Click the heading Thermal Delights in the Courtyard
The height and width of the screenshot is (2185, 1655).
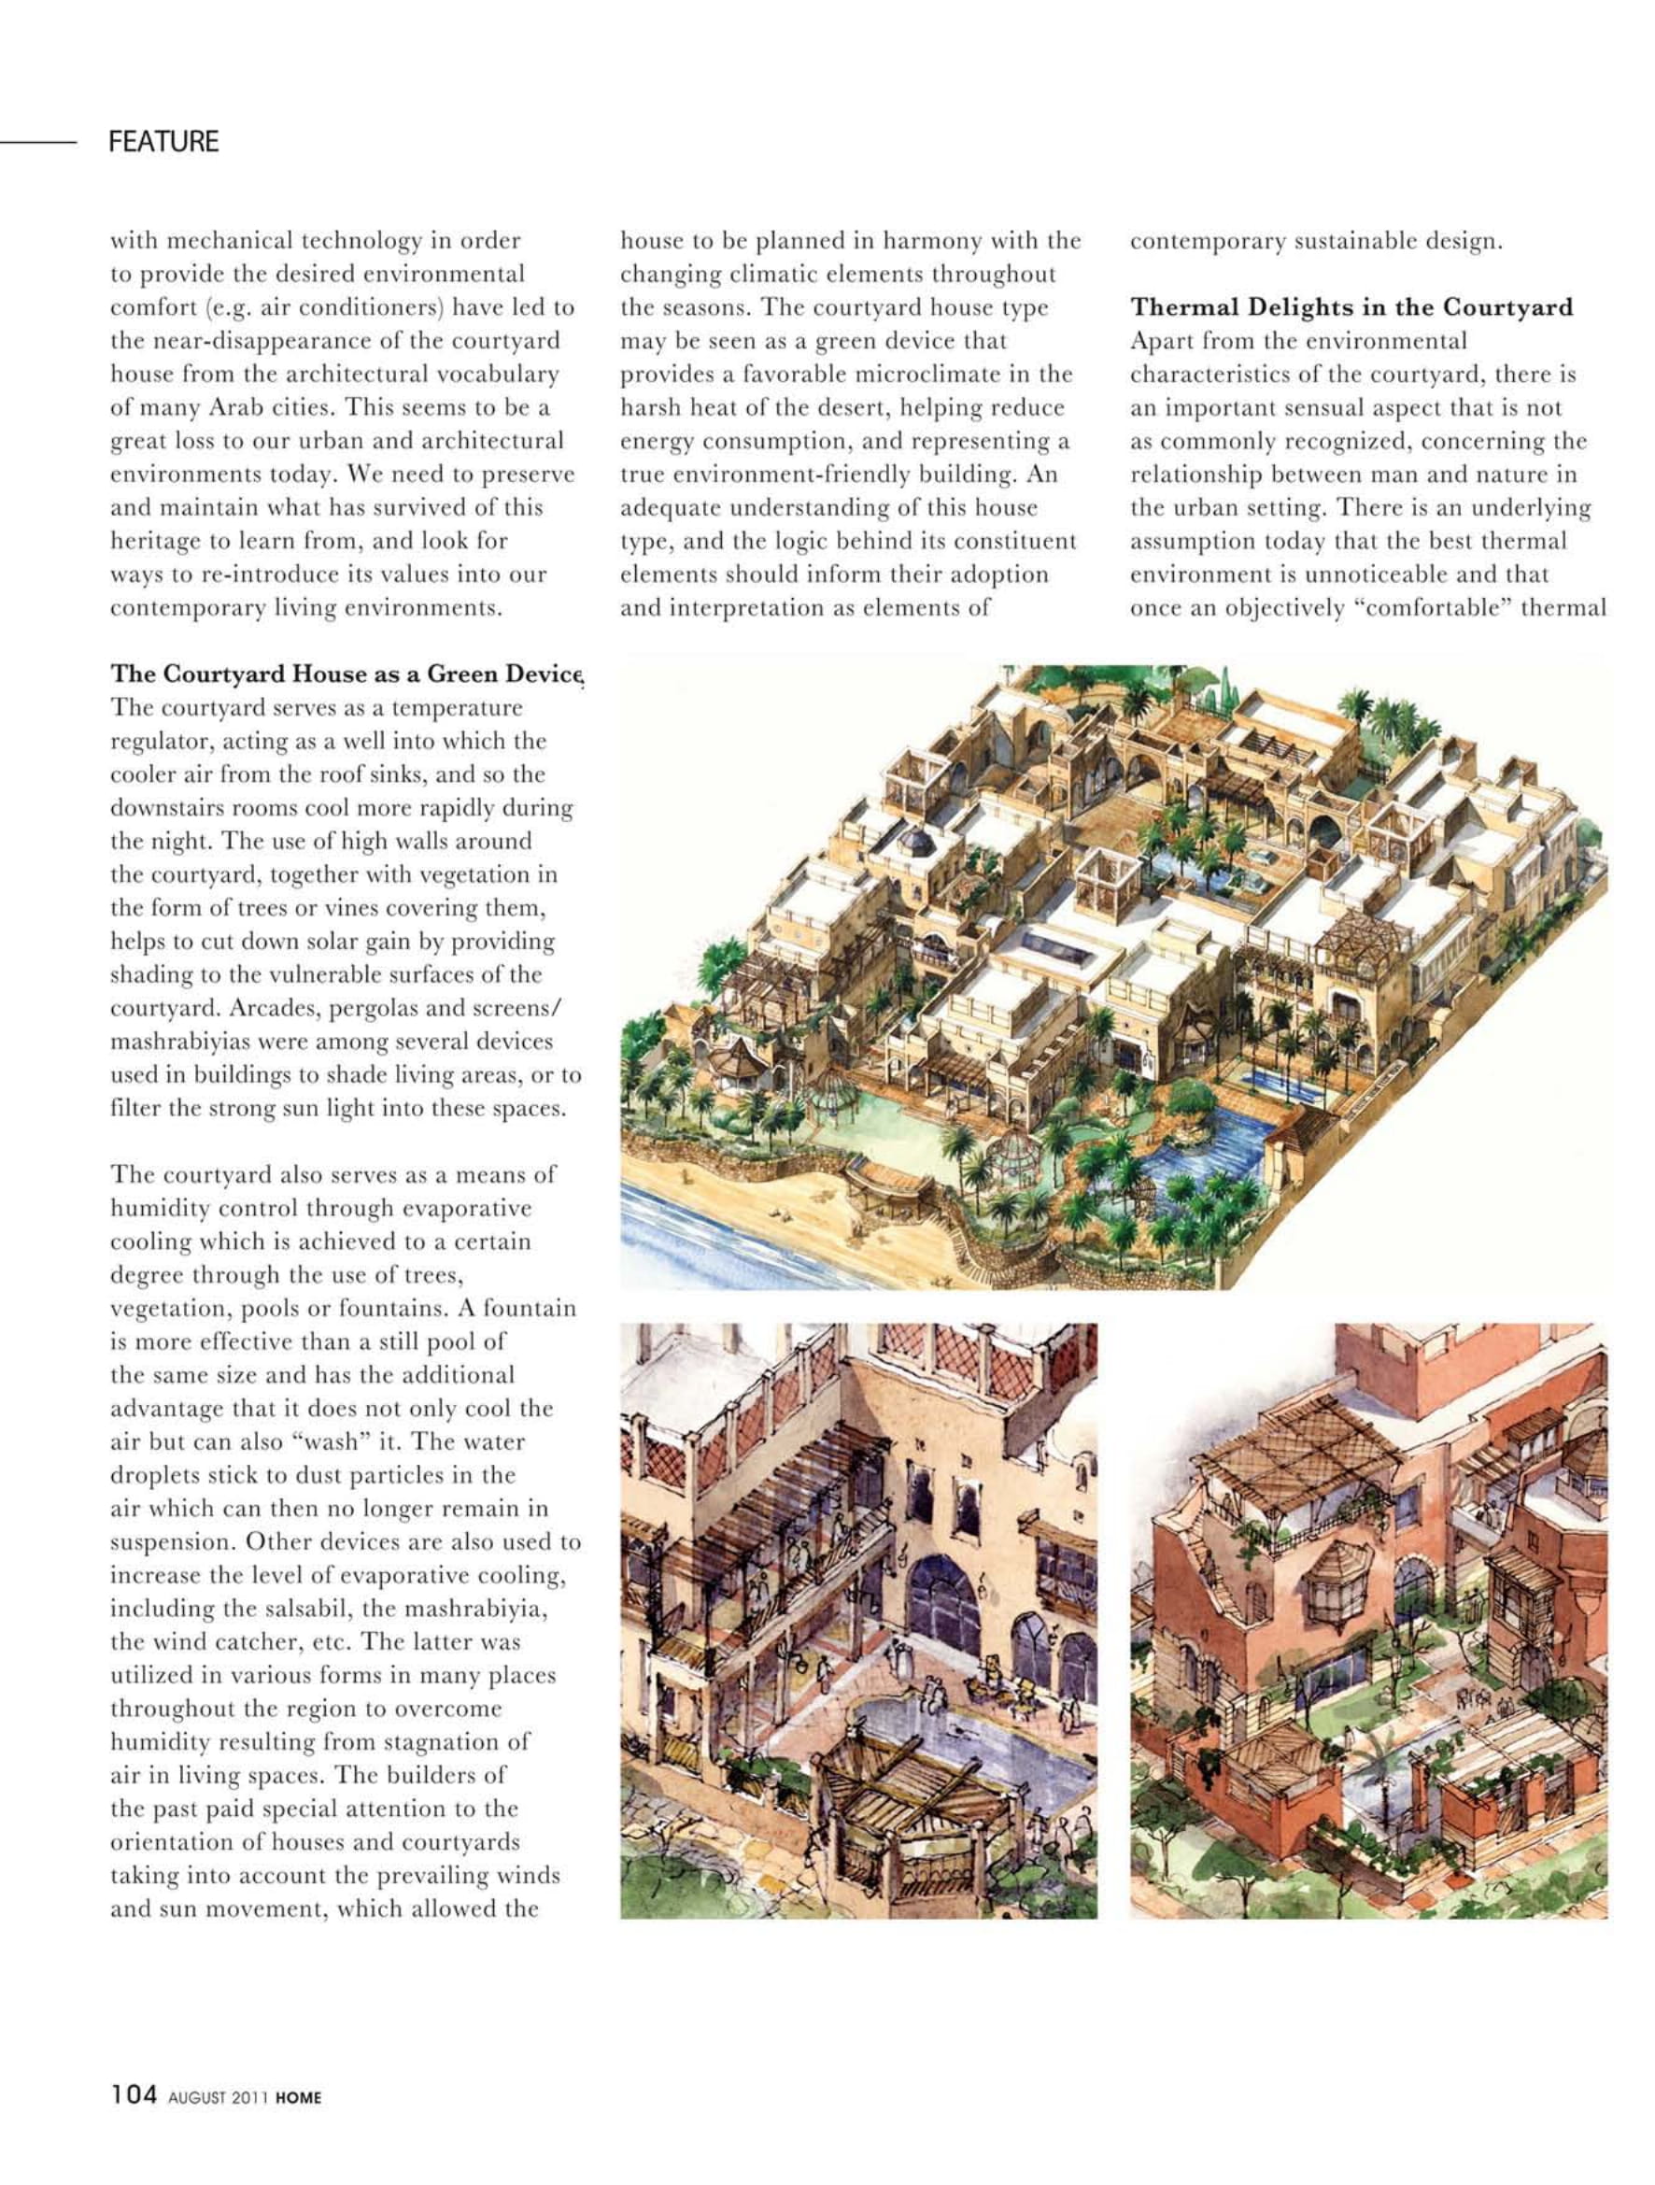click(x=1351, y=307)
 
